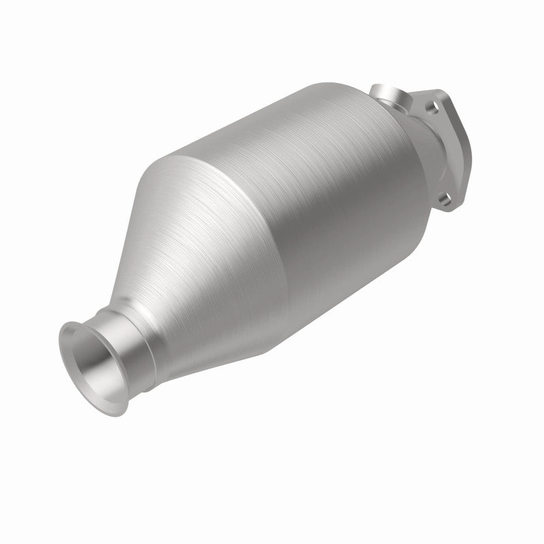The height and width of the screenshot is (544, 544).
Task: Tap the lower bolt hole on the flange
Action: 443,200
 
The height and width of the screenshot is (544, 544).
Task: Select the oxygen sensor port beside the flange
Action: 388,97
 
